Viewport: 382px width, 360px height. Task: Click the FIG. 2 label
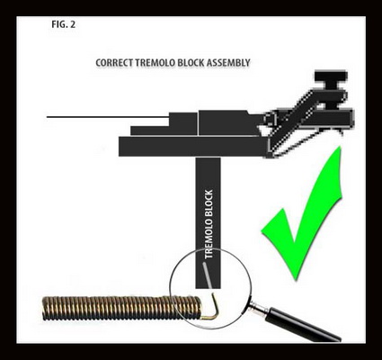pos(63,24)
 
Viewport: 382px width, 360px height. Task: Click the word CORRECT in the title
pos(114,63)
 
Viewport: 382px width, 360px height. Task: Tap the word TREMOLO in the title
pos(155,63)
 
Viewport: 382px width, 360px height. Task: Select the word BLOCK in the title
pos(191,63)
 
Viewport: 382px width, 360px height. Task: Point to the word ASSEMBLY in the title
pos(228,63)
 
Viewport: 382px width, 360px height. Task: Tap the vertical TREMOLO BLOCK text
pos(209,224)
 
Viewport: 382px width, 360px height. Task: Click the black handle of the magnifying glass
pos(303,326)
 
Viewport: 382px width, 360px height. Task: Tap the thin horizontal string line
pos(108,117)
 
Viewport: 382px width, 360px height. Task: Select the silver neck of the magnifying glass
pos(258,307)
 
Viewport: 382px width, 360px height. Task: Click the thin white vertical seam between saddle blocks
pos(198,123)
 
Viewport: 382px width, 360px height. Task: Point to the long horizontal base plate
pos(191,147)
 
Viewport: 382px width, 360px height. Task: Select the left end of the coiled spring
pos(44,308)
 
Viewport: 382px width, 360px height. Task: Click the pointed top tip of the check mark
pos(340,147)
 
